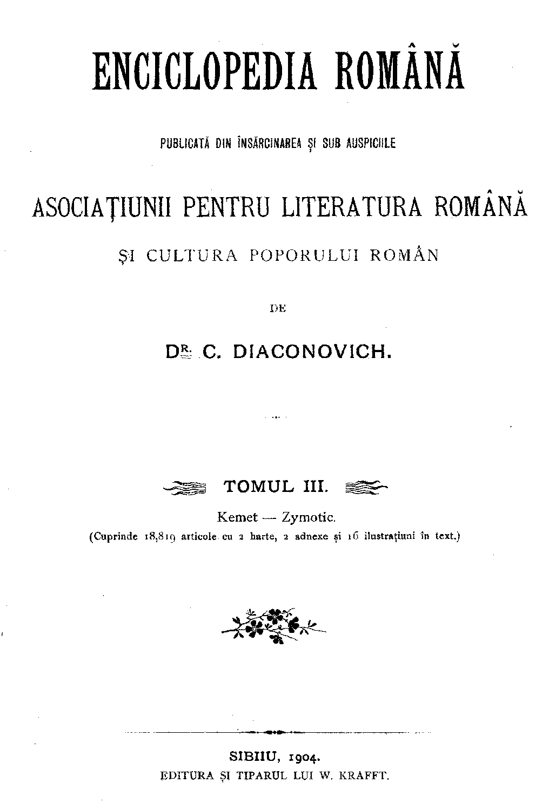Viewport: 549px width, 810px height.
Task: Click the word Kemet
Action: click(237, 517)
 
